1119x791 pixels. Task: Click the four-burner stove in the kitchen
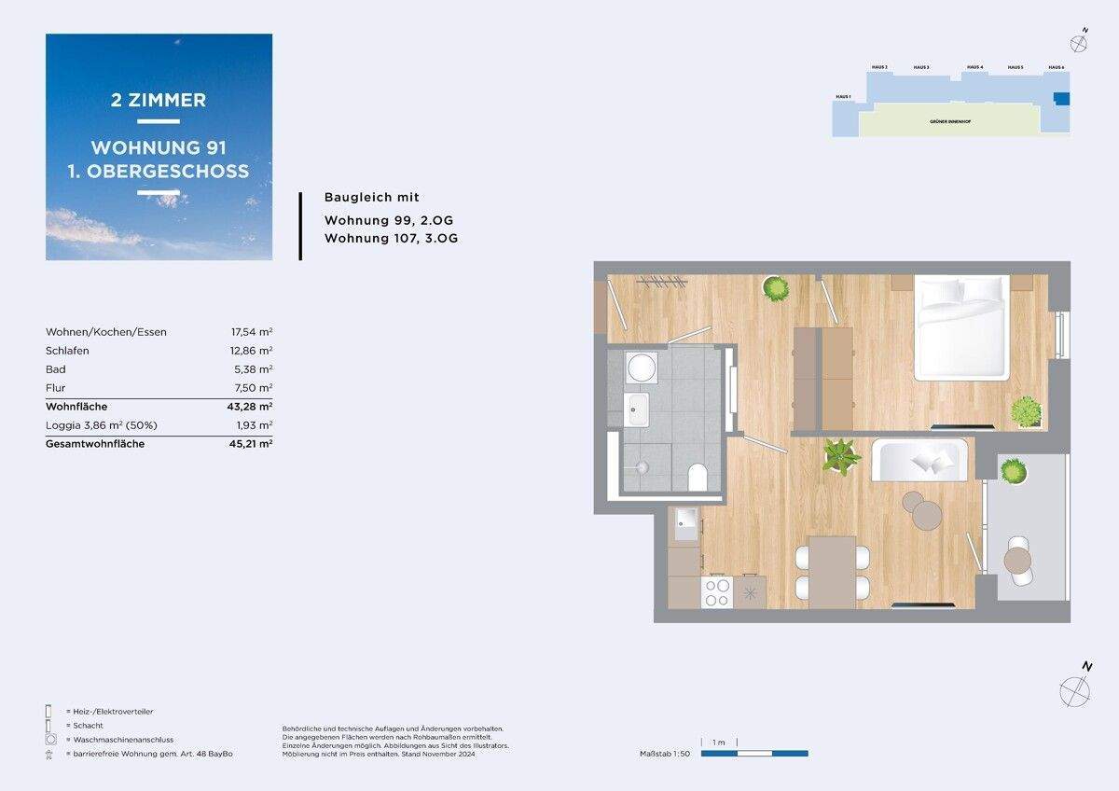tap(716, 592)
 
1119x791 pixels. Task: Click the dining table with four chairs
tap(832, 572)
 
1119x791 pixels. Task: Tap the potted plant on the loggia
tap(1014, 472)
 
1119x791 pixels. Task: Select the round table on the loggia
tap(1017, 560)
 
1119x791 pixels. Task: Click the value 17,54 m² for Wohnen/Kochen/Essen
tap(251, 332)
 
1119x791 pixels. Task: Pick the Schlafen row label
tap(67, 351)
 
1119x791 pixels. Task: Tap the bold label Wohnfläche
tap(76, 407)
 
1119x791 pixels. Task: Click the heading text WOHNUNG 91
tap(159, 147)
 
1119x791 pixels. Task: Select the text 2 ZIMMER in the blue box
tap(159, 100)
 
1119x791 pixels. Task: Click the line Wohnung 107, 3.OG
tap(391, 238)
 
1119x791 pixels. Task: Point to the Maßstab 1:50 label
tap(664, 753)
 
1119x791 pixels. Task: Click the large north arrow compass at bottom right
tap(1075, 689)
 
